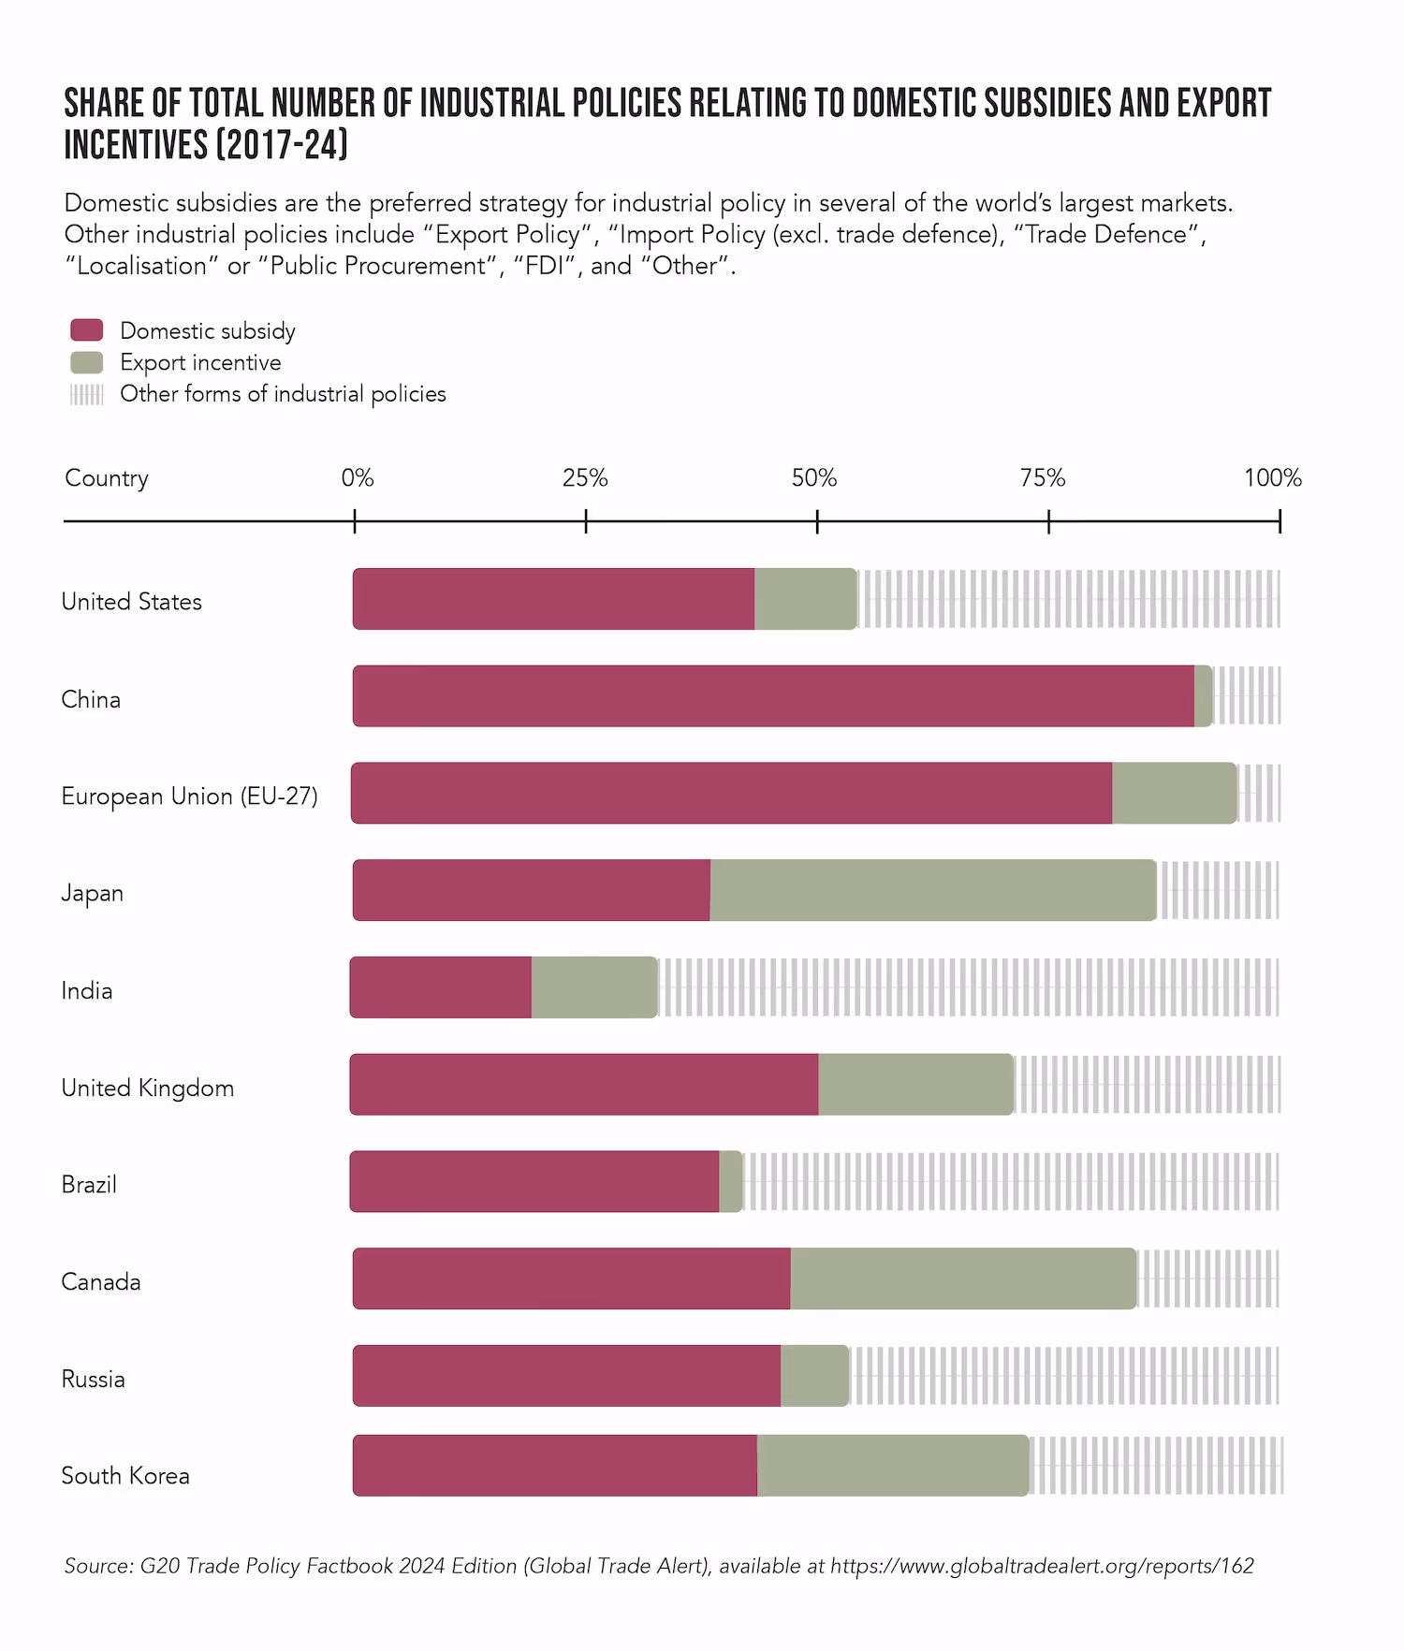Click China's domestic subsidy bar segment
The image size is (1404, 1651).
pos(773,696)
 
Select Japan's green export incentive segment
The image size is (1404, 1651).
pos(932,890)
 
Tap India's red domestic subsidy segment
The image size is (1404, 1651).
pos(441,987)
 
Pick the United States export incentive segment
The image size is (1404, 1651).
pos(805,599)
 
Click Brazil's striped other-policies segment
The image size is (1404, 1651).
pos(1011,1182)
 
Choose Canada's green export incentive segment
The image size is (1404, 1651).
pos(962,1278)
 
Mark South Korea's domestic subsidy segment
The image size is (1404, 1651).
pos(555,1466)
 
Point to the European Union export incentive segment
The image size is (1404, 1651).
pos(1174,794)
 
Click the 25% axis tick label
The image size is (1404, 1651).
pos(585,478)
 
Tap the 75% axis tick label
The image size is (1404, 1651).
pos(1043,478)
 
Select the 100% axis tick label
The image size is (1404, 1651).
pos(1272,478)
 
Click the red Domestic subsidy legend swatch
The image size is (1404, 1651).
pos(87,330)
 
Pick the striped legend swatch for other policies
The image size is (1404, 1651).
pos(87,394)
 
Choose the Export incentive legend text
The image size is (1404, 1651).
pos(200,363)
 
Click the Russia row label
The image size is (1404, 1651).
pos(93,1380)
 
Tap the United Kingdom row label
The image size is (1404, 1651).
pos(148,1088)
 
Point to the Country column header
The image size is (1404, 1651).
pos(107,478)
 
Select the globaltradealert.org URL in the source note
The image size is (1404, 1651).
pos(1042,1566)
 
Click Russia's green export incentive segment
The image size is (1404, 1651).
pos(814,1376)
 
